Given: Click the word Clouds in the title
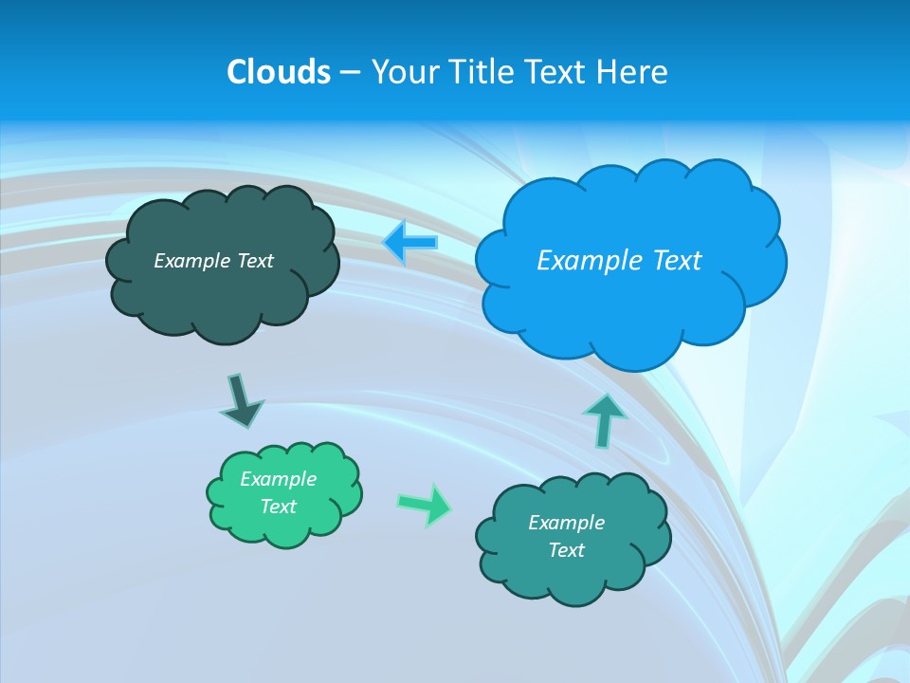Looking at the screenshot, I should coord(279,72).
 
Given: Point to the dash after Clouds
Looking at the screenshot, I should coord(350,73).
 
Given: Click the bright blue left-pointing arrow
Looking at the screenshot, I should coord(410,243).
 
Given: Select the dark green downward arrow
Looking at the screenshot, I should coord(241,400).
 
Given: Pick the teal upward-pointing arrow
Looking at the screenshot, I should coord(604,419).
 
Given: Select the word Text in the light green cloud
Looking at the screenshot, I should coord(279,507).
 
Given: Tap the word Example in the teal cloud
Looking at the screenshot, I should coord(566,523).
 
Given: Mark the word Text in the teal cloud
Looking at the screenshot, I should coord(566,550).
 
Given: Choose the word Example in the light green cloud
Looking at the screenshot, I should coord(279,479).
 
